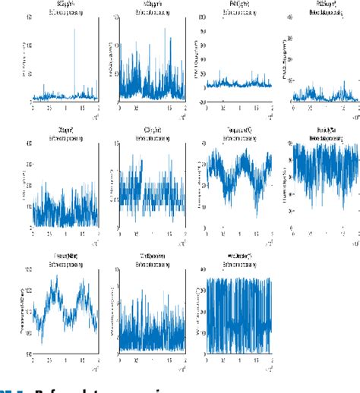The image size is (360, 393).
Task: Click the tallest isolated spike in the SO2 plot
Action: coord(74,30)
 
